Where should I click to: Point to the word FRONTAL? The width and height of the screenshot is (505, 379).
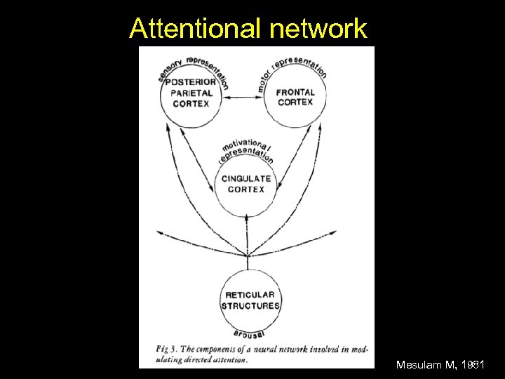(x=295, y=92)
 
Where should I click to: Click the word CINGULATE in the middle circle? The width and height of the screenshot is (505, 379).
(x=245, y=179)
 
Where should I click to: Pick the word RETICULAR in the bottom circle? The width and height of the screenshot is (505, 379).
(x=250, y=295)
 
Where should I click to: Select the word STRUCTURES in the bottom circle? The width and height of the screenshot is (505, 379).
(x=250, y=306)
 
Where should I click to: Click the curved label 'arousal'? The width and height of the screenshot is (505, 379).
(x=250, y=333)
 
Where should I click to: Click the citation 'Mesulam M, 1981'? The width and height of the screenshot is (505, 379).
(x=440, y=365)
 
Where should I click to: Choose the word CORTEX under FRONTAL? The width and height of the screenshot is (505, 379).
(x=295, y=102)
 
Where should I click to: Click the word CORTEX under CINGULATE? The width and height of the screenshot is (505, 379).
(x=245, y=189)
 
